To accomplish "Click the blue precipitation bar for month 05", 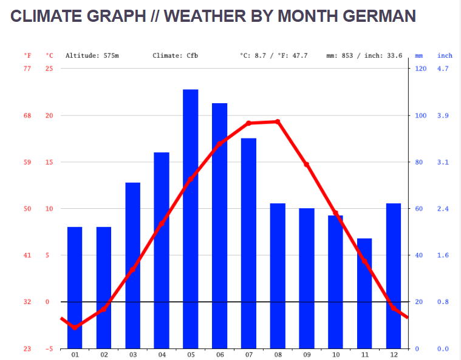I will click(191, 219).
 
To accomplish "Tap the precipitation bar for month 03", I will click(133, 265).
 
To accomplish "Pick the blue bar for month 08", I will click(278, 276).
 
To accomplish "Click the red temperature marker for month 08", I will click(278, 121).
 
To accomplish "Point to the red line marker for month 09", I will click(307, 165).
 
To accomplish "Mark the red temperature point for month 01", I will click(75, 328).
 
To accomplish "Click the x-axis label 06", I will click(220, 355).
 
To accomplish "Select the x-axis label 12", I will click(393, 355).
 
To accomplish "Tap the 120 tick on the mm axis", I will click(420, 69).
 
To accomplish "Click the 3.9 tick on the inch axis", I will click(443, 115).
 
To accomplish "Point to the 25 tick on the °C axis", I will click(49, 69).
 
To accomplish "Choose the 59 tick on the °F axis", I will click(27, 162).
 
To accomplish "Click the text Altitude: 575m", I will click(92, 56).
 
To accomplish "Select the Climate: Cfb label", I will click(176, 56).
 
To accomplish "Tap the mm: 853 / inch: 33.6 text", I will click(364, 56).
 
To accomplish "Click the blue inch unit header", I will click(445, 56).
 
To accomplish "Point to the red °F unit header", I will click(27, 56).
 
